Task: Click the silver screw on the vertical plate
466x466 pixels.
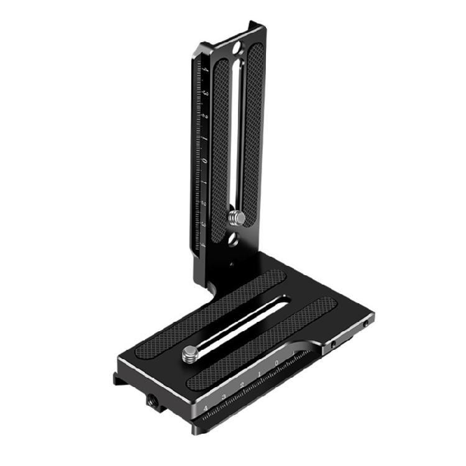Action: (x=237, y=218)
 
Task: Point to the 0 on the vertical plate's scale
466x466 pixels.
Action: (x=204, y=161)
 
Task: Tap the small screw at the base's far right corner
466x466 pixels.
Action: (x=366, y=324)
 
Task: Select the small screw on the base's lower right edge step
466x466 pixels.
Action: (x=333, y=344)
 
